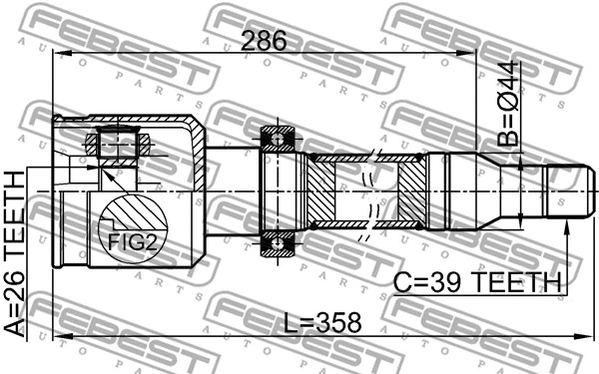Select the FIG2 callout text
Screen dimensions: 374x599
pyautogui.click(x=125, y=240)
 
